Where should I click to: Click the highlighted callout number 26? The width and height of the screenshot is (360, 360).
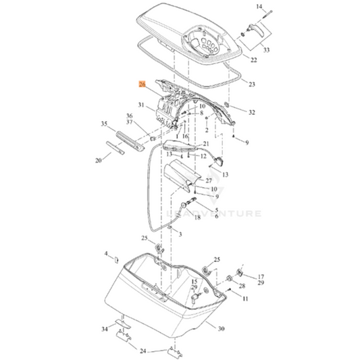pos(142,84)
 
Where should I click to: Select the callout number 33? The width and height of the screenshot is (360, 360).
pos(265,50)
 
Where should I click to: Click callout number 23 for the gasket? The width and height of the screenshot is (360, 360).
pos(252,84)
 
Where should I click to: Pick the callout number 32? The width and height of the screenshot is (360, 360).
pos(252,111)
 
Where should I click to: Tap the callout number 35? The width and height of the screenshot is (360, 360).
pos(104,124)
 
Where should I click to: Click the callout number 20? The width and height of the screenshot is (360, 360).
pos(99,160)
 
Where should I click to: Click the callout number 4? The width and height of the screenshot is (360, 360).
pos(105,254)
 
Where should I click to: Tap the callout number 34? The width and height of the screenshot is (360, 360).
pos(104,329)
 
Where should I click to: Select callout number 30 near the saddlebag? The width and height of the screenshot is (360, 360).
pos(220,328)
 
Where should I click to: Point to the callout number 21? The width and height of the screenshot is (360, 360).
pos(206,144)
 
